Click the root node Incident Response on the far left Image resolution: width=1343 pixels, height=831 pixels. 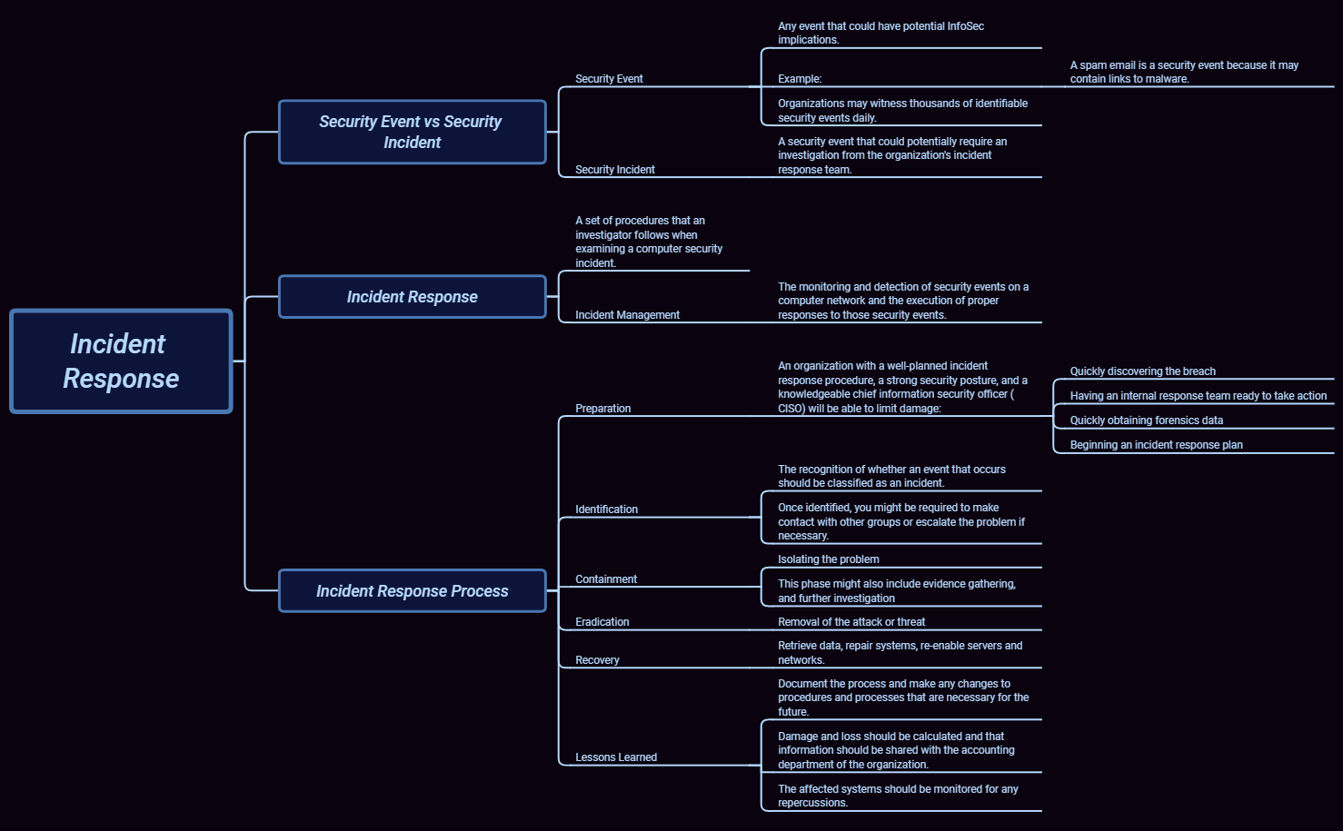pos(121,361)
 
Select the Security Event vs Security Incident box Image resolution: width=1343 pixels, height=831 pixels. pos(412,133)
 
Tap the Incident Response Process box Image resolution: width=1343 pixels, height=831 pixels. pos(412,591)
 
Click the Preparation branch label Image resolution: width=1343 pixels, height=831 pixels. pos(602,409)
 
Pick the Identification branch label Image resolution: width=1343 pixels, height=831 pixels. pos(606,509)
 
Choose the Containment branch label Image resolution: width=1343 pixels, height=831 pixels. pos(605,579)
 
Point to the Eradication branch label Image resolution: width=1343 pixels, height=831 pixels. pos(602,622)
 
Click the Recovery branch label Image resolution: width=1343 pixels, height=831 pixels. pos(597,660)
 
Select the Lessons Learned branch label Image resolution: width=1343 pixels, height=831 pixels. pos(615,757)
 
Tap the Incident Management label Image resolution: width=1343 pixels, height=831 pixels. pos(627,315)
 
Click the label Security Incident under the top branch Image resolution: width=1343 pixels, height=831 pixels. pos(614,170)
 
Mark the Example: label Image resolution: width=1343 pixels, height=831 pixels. pos(800,79)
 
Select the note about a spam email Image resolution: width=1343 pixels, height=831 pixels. pos(1183,72)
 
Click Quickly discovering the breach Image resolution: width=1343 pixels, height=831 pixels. pos(1142,371)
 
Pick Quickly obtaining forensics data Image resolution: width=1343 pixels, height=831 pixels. pos(1146,420)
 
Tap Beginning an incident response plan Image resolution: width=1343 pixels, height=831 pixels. pos(1156,445)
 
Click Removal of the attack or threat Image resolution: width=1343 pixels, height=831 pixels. pos(851,622)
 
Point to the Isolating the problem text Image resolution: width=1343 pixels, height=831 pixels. pos(828,559)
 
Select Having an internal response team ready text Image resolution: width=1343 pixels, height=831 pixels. pos(1198,396)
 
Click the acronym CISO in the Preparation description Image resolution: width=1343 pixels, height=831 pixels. pos(791,409)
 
